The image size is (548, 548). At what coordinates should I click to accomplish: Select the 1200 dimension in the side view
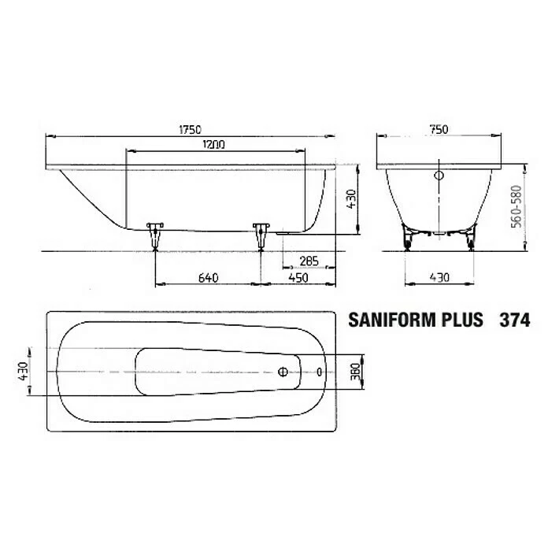point(213,144)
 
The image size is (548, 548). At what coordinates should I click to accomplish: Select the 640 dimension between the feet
point(208,277)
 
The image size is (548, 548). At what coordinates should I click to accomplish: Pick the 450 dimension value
point(298,277)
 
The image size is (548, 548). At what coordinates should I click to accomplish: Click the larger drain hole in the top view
point(282,371)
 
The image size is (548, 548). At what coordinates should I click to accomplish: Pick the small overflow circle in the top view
point(320,371)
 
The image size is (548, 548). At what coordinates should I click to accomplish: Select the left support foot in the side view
point(155,234)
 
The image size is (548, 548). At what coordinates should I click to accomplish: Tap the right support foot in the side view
point(261,234)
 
